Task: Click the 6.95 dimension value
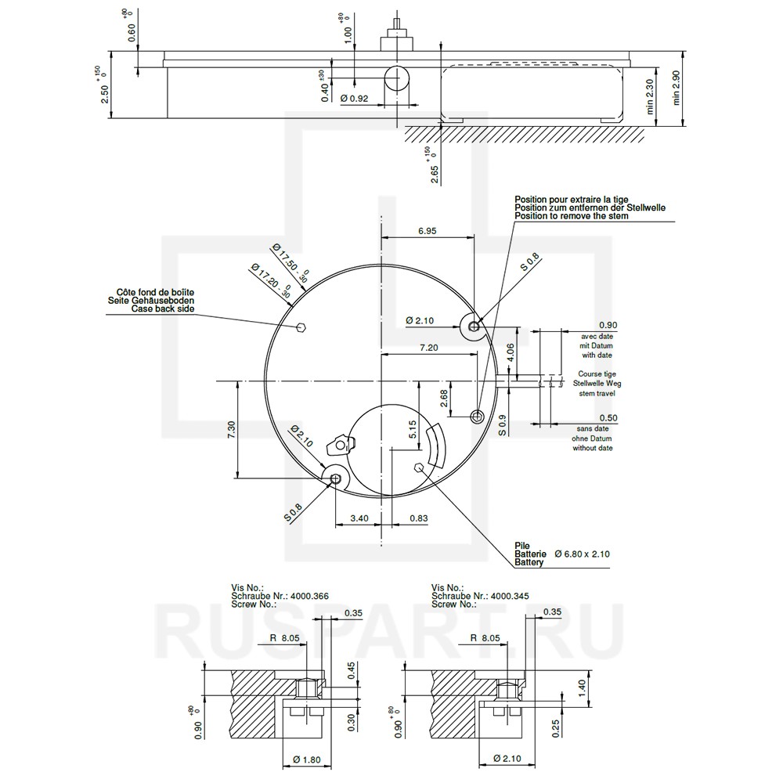427,231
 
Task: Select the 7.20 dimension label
429,348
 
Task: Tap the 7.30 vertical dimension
231,430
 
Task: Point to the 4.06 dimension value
510,352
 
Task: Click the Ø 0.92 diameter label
354,99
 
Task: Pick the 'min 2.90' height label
677,88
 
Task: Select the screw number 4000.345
510,596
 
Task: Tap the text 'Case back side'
163,309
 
